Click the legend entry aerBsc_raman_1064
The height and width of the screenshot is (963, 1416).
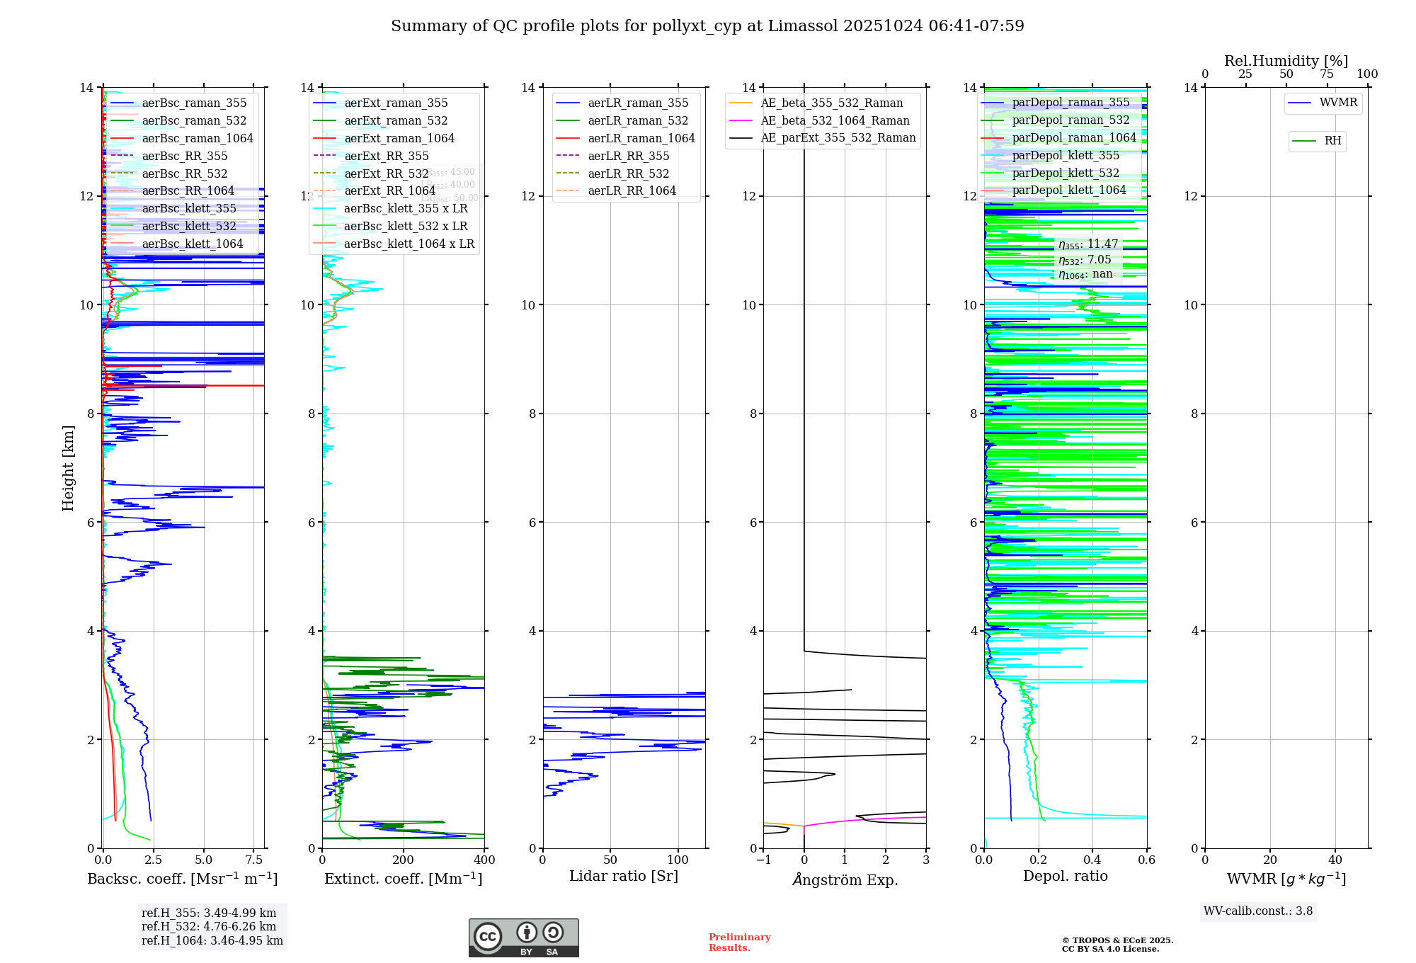(x=197, y=138)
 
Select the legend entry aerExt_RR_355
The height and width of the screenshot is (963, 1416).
(x=386, y=156)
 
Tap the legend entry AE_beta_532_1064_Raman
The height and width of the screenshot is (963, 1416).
(x=835, y=120)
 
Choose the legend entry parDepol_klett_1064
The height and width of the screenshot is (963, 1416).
(x=1068, y=190)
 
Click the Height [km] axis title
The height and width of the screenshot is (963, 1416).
(x=68, y=467)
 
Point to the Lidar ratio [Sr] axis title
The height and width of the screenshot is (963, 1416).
(x=623, y=876)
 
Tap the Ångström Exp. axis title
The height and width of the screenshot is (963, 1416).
(x=845, y=879)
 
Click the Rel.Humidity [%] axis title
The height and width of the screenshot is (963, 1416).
(x=1286, y=61)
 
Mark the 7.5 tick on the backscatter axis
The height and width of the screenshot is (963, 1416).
(x=254, y=860)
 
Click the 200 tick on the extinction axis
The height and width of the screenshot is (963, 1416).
(x=403, y=860)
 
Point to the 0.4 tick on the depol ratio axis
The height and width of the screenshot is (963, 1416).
(x=1092, y=860)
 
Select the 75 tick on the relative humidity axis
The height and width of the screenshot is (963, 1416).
(x=1327, y=74)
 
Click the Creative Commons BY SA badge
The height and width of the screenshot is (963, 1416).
(x=523, y=938)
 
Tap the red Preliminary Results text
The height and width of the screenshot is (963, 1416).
(x=739, y=942)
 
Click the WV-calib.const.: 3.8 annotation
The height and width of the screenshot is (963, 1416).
(x=1257, y=911)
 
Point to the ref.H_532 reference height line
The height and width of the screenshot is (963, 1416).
(x=208, y=927)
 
